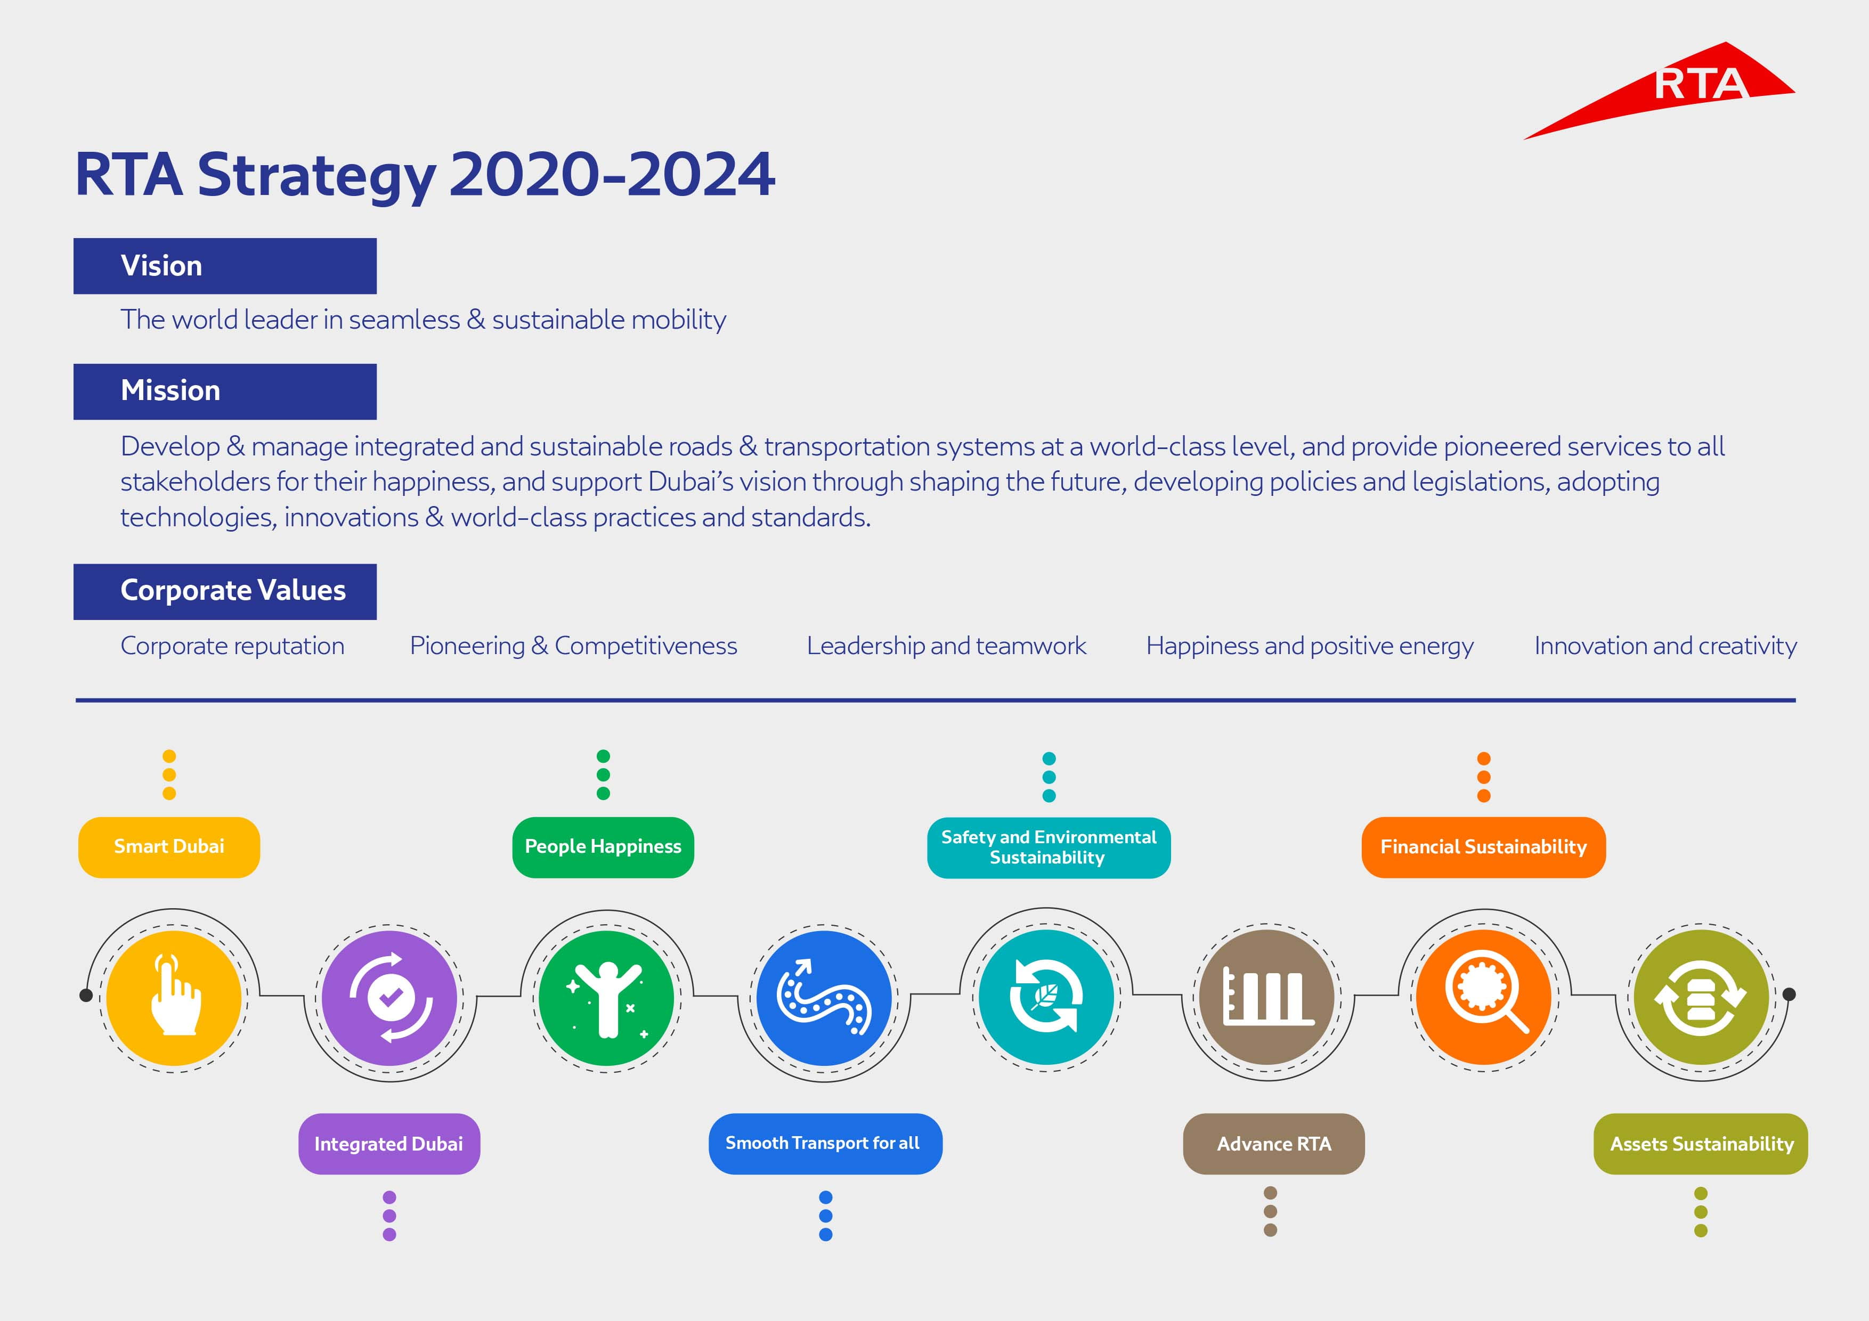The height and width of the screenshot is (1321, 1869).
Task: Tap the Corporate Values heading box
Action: pos(225,591)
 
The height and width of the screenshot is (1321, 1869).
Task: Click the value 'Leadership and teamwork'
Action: pos(946,646)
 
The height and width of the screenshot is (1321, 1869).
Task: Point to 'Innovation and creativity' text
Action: pos(1665,646)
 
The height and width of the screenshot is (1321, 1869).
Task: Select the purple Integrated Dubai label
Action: pos(389,1144)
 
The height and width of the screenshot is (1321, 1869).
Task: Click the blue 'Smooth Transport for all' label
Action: pos(825,1144)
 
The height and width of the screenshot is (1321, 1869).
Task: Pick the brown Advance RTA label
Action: pos(1273,1144)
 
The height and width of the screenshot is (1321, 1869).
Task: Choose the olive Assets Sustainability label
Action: pos(1701,1144)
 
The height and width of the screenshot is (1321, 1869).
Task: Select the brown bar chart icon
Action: pos(1267,997)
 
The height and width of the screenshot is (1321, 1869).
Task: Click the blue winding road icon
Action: pos(824,998)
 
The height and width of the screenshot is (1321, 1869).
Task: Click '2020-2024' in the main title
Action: pos(612,174)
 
